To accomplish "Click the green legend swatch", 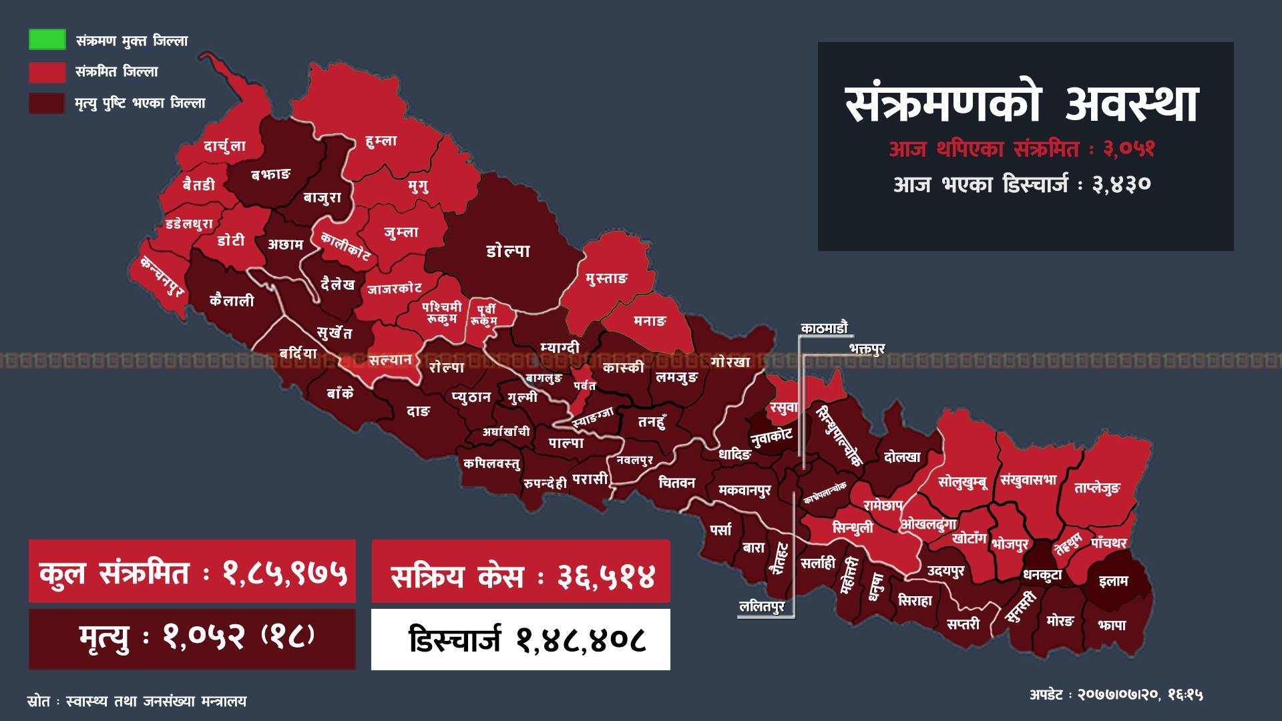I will (x=47, y=40).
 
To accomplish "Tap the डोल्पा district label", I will (x=508, y=251).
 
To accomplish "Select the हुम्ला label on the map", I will (x=381, y=142).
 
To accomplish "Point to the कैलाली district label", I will (x=232, y=301).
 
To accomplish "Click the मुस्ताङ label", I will (x=607, y=278).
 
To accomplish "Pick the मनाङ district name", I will (x=650, y=321).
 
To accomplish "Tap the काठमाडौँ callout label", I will (x=825, y=328).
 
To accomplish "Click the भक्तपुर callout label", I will (x=867, y=348).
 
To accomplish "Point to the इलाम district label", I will (x=1113, y=581).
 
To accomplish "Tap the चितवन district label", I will (x=676, y=482).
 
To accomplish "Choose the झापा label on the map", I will (x=1112, y=625).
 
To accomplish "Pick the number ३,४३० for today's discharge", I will (x=1122, y=184).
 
